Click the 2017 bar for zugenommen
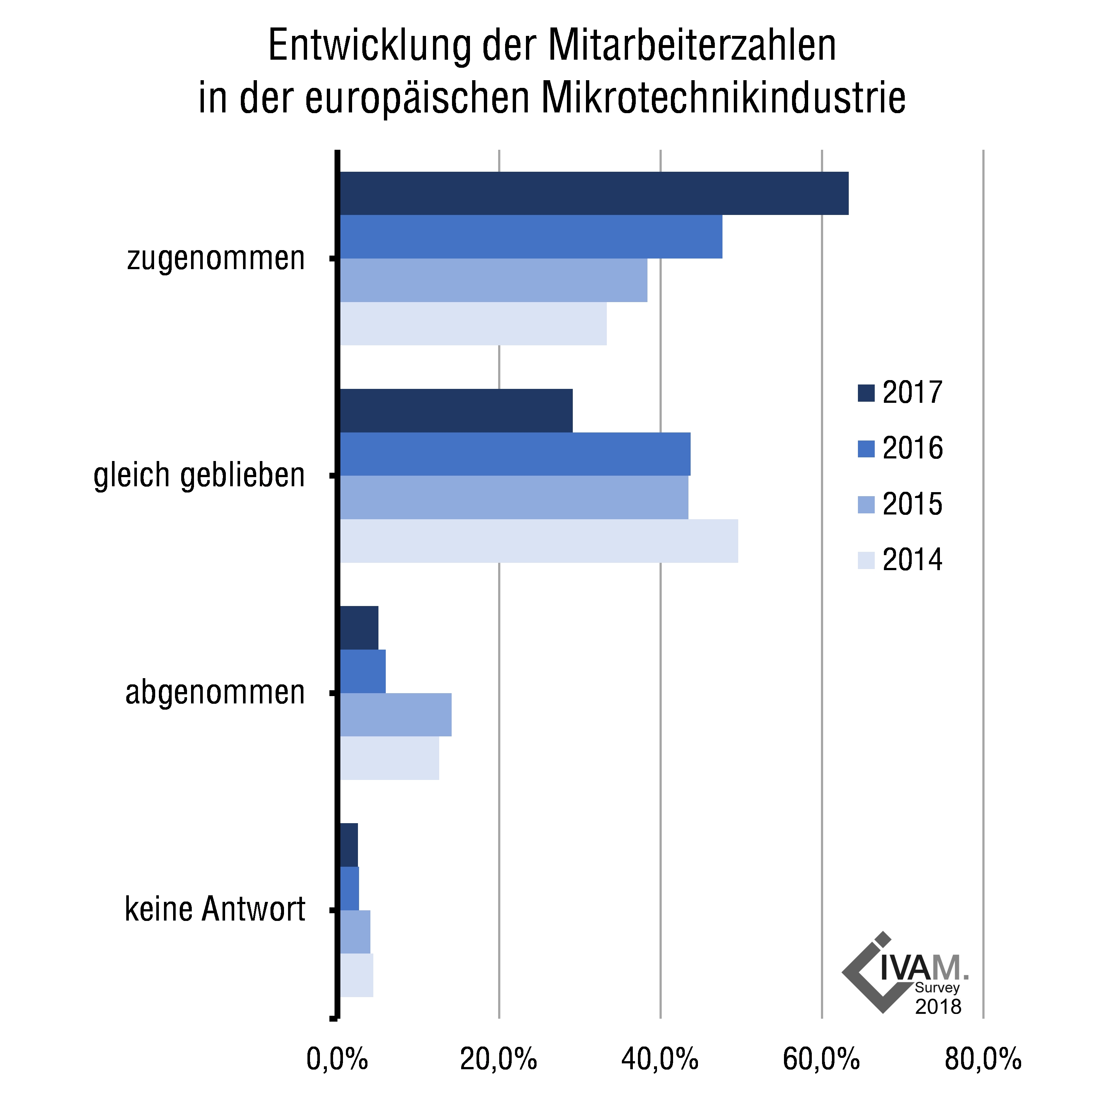tap(594, 193)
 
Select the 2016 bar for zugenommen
tap(531, 237)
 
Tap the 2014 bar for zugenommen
tap(473, 324)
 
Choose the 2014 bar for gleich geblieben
tap(539, 540)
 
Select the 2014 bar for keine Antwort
tap(356, 975)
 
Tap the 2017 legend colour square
tap(866, 393)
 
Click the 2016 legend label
tap(912, 448)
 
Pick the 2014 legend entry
tap(900, 560)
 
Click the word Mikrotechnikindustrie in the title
tap(723, 98)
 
